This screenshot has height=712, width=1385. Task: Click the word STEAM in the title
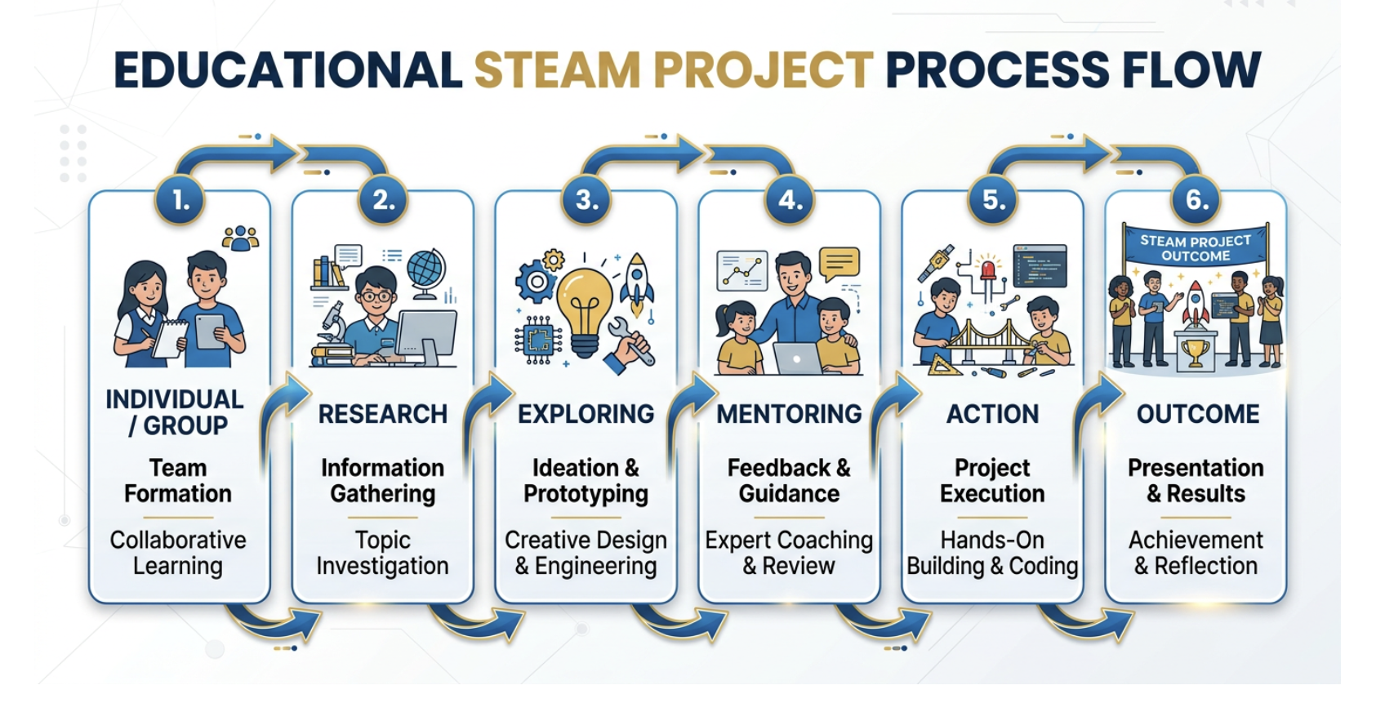click(x=557, y=70)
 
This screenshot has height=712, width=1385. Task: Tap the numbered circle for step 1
click(x=180, y=199)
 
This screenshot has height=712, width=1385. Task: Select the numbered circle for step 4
click(x=790, y=199)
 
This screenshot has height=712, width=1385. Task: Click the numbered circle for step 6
click(x=1196, y=199)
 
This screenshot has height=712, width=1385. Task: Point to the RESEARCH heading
click(x=383, y=414)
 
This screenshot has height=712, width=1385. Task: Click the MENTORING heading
click(x=789, y=414)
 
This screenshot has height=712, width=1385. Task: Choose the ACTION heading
click(x=992, y=414)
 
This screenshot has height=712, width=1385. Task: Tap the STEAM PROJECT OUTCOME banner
click(x=1196, y=247)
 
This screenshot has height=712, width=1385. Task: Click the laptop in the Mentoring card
click(x=797, y=358)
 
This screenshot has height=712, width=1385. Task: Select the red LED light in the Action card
click(x=988, y=270)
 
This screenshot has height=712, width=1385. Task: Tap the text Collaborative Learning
click(x=178, y=553)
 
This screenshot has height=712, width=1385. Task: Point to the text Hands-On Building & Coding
click(x=992, y=553)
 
